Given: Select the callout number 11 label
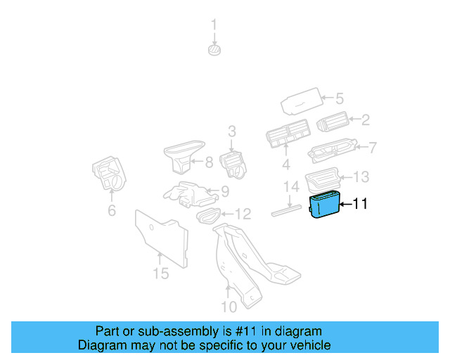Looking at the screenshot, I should coord(359,205).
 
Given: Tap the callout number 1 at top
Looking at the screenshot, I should coord(214,27).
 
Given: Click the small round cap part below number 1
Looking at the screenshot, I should coord(214,49).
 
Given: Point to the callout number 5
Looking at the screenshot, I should coord(338,99).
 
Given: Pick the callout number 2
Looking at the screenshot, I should coord(366,120).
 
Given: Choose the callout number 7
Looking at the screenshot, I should coord(372,148).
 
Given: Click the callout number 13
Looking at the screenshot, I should coord(360,176).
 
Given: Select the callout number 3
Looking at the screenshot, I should coord(231,131).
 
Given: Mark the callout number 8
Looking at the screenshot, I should coord(209,163).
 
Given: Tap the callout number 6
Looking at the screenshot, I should coord(111,212).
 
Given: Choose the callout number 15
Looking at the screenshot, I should coord(160,273).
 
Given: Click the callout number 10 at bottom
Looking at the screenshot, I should coord(229,307).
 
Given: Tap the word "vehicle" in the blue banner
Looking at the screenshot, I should coord(308,345).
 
